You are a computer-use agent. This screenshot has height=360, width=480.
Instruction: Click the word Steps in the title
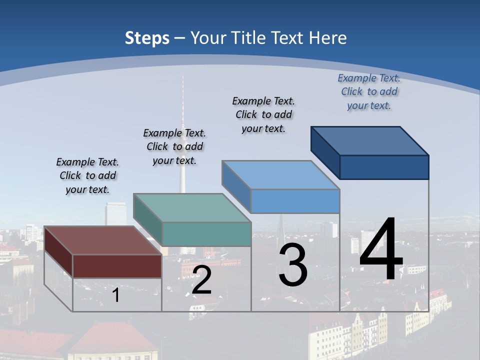[147, 38]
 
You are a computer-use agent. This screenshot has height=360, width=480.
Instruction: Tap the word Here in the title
[327, 38]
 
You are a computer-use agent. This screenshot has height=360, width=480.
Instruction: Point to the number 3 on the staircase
[293, 265]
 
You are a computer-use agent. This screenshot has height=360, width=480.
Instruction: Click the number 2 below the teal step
[201, 280]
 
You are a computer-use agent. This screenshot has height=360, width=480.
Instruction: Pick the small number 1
[116, 295]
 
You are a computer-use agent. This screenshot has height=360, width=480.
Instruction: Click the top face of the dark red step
[102, 240]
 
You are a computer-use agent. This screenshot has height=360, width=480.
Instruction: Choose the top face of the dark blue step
[370, 140]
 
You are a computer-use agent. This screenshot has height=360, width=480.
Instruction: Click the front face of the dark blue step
[384, 167]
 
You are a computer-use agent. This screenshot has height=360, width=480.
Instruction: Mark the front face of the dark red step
[117, 266]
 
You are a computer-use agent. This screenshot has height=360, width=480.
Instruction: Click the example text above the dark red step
[87, 175]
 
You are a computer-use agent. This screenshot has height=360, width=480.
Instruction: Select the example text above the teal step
[174, 146]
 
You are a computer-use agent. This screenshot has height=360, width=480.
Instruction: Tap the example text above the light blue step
[263, 114]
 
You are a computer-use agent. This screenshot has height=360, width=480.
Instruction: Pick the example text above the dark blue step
[369, 91]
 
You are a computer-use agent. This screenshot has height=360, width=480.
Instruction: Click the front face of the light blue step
[295, 201]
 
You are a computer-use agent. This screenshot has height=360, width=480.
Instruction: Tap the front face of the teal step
[206, 234]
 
